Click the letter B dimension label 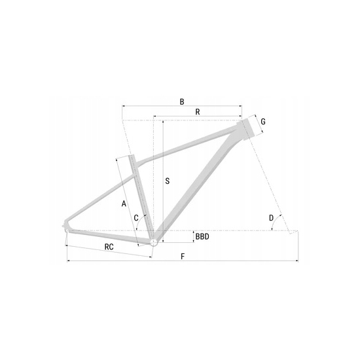click(182, 101)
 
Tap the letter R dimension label click(198, 112)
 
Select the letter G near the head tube click(263, 122)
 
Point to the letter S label click(168, 181)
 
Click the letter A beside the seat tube click(124, 204)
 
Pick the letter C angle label click(136, 218)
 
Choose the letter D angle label click(271, 218)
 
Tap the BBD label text click(202, 236)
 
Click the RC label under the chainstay click(109, 247)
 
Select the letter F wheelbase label click(183, 256)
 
